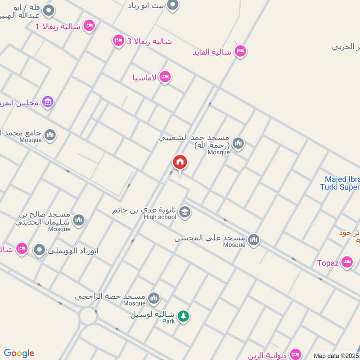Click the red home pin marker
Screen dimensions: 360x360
(x=180, y=162)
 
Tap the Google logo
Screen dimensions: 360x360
(x=18, y=353)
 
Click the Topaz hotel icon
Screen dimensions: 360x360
(x=346, y=262)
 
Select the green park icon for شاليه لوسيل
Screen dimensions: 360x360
(x=183, y=316)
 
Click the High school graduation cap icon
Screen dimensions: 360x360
(x=184, y=212)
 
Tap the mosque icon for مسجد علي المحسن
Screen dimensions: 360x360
(x=254, y=240)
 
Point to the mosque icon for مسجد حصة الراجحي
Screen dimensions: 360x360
(x=154, y=298)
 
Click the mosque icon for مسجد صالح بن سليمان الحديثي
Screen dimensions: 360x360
(x=79, y=220)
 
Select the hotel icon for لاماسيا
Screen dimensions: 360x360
(x=165, y=77)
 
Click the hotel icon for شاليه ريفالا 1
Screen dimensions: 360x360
(x=89, y=26)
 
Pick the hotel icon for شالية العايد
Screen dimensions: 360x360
(x=240, y=51)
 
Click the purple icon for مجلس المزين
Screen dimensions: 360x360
(x=47, y=102)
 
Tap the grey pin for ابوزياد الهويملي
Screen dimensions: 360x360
(x=40, y=250)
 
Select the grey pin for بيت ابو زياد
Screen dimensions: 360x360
(x=173, y=5)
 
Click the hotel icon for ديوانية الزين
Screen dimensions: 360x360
(x=295, y=354)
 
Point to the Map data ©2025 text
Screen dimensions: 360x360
(x=336, y=355)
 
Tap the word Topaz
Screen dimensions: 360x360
(x=327, y=263)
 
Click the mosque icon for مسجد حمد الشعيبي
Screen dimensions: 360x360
(x=238, y=144)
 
